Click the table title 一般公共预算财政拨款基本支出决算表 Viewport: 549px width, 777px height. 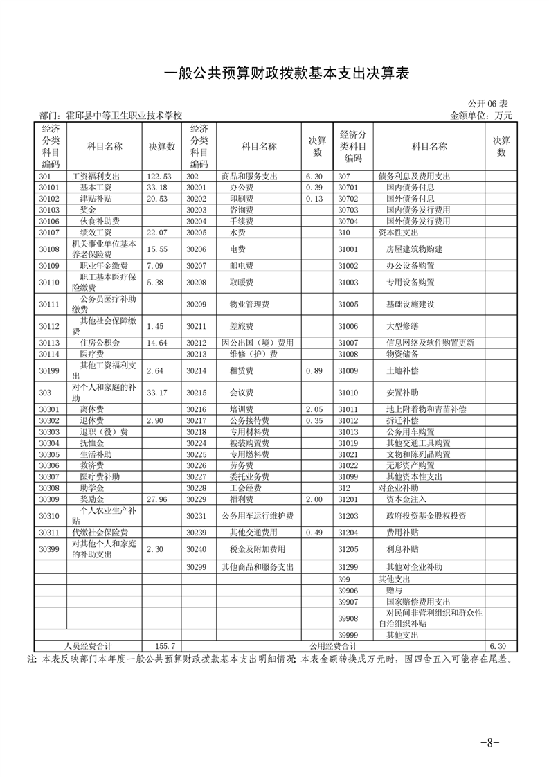click(x=275, y=74)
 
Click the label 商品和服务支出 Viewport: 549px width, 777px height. click(x=249, y=177)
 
